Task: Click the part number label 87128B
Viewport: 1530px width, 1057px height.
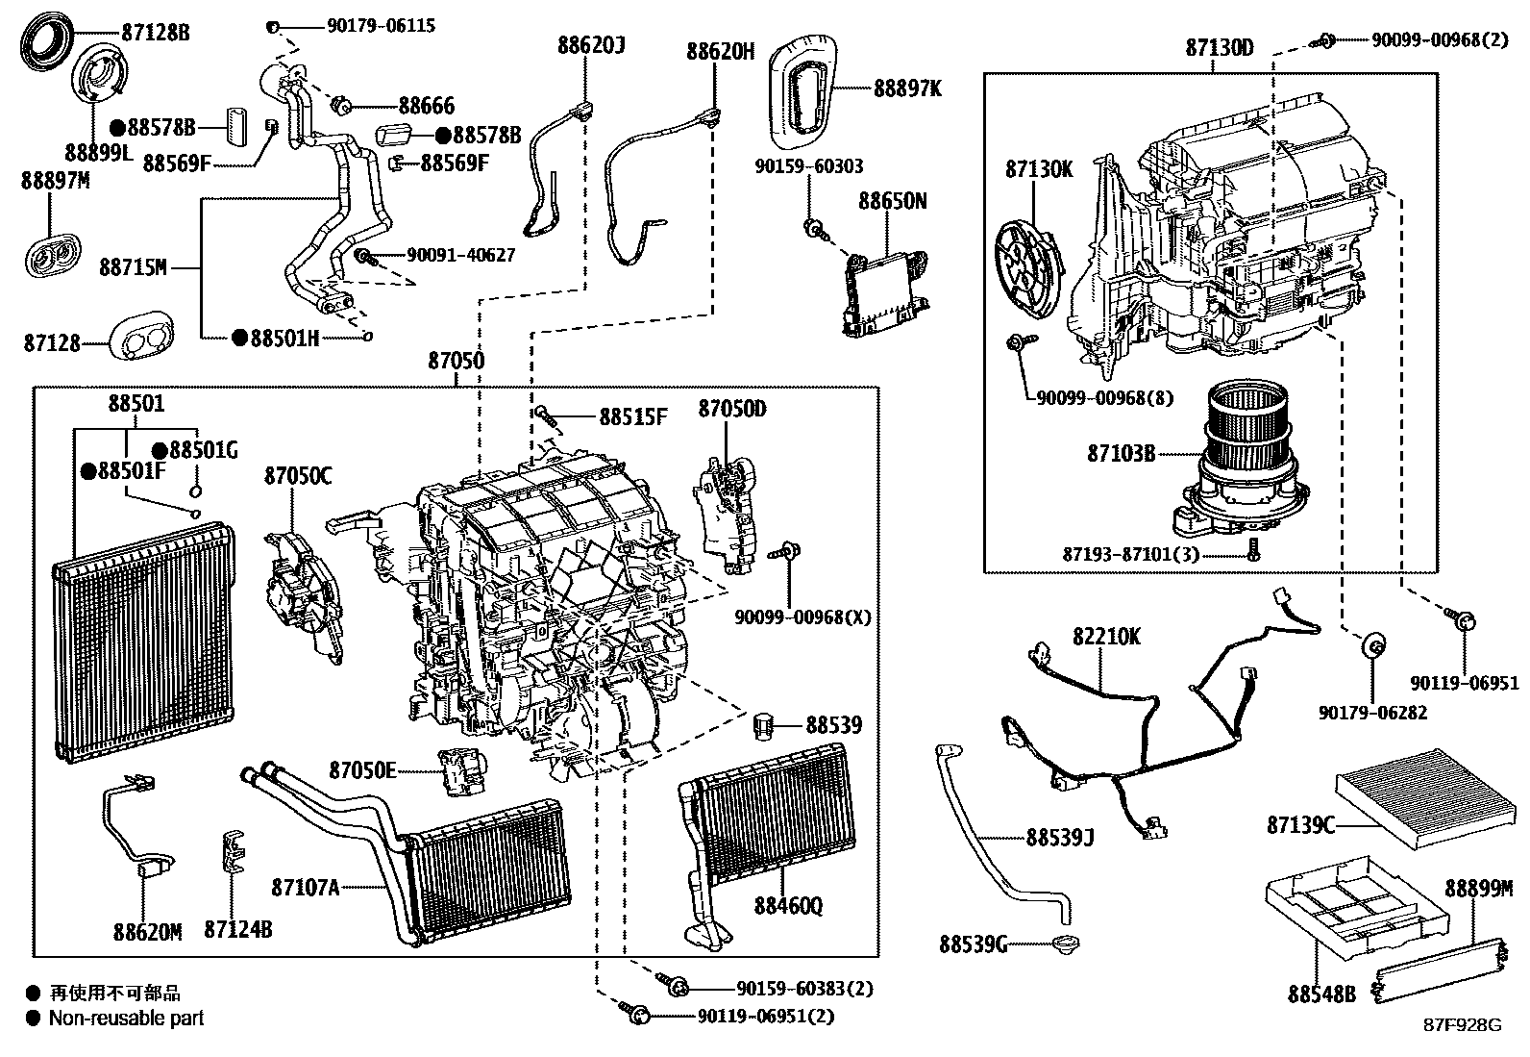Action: click(x=155, y=32)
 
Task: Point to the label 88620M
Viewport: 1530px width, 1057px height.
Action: click(x=147, y=931)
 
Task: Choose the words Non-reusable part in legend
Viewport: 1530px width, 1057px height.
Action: click(x=126, y=1018)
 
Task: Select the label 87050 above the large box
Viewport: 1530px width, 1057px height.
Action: click(x=456, y=361)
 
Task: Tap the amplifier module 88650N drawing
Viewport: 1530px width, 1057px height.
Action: click(x=886, y=291)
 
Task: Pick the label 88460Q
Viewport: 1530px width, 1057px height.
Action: click(x=787, y=905)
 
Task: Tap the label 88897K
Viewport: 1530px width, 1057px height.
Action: click(x=907, y=88)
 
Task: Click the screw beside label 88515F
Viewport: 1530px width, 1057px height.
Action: click(x=547, y=415)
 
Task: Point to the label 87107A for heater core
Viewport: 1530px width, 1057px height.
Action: click(x=305, y=887)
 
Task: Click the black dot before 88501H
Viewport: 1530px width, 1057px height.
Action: click(x=238, y=338)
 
